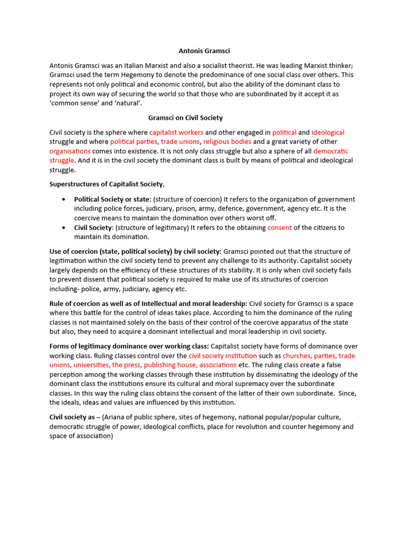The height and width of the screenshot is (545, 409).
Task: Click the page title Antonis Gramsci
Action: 204,51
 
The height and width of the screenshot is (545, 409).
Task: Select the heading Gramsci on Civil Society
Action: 185,118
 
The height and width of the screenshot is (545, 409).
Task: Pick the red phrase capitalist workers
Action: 176,132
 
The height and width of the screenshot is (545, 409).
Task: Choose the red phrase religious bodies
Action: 227,142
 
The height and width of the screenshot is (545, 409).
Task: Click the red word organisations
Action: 70,151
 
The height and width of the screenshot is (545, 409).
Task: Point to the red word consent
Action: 279,227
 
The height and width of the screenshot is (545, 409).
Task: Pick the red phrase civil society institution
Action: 223,356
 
